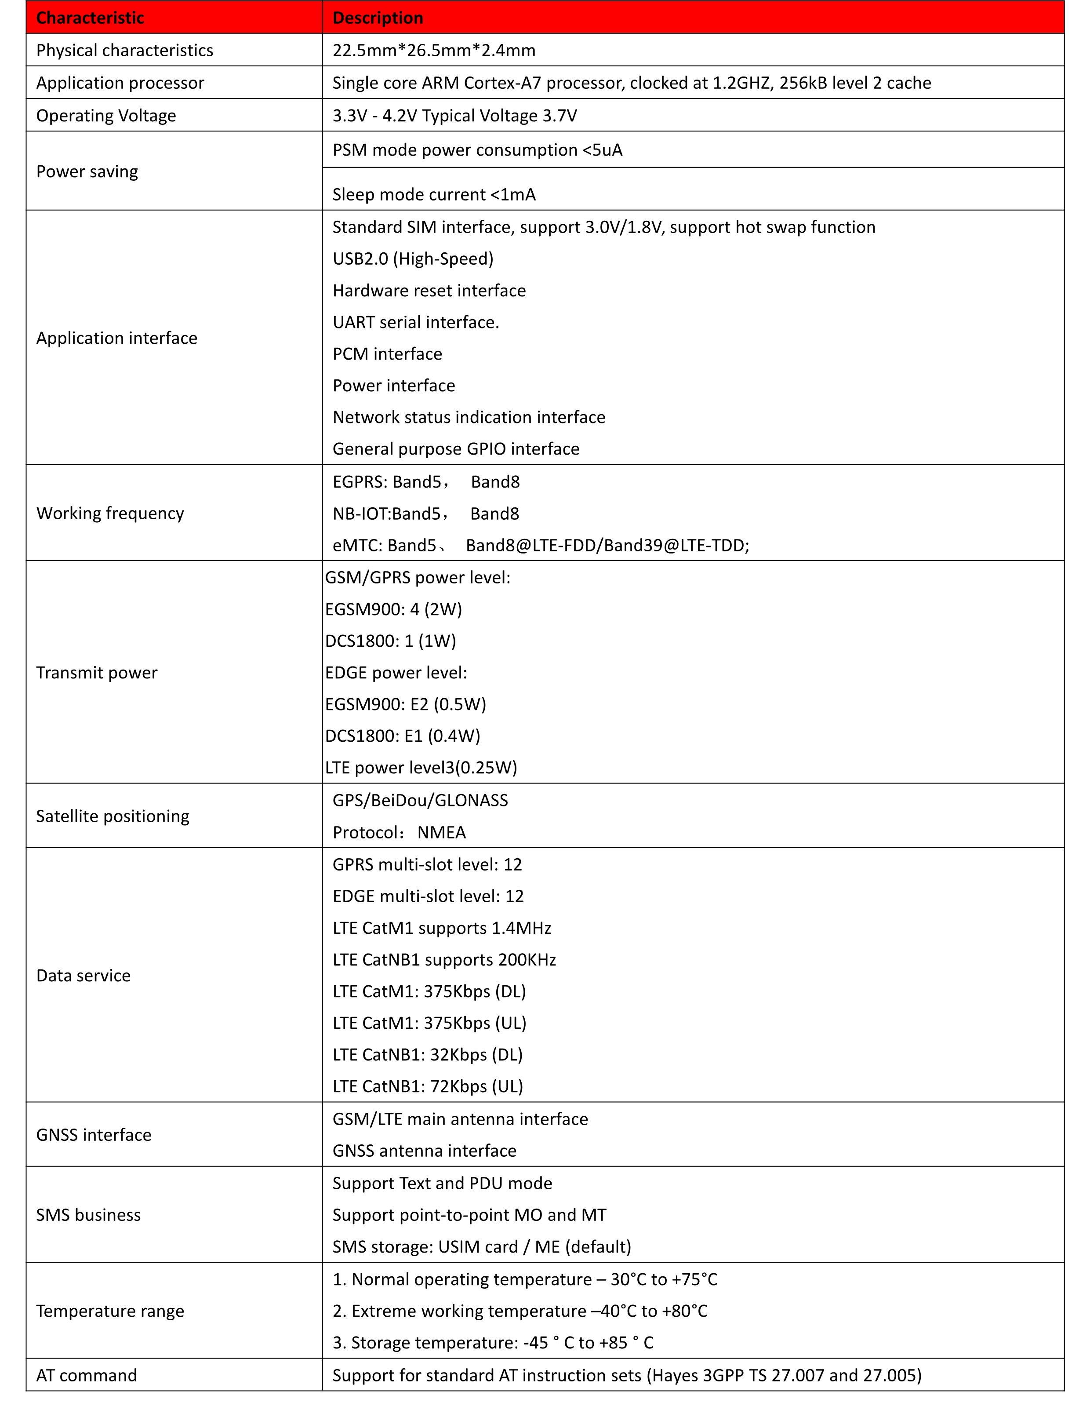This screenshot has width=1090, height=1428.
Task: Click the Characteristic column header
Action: (90, 18)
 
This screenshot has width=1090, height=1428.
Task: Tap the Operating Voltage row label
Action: (106, 116)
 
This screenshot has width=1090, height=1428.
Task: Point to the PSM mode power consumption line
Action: (477, 150)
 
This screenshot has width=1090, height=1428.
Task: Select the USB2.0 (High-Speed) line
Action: (413, 259)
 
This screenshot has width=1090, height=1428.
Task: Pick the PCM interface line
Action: (387, 354)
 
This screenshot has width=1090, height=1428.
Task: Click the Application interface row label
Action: (117, 338)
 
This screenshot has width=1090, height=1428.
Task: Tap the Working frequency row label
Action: (110, 514)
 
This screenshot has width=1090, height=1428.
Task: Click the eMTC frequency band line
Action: (541, 545)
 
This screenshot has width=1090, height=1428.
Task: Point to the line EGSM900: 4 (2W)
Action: (393, 609)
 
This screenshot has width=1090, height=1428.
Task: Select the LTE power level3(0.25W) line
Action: (421, 768)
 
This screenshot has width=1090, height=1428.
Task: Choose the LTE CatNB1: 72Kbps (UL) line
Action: (428, 1086)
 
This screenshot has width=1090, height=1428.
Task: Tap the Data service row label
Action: (84, 976)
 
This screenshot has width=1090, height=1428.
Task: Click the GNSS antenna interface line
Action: (424, 1151)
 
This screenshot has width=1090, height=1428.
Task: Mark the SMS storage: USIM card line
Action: (481, 1247)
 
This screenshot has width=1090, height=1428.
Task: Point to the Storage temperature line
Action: (492, 1343)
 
